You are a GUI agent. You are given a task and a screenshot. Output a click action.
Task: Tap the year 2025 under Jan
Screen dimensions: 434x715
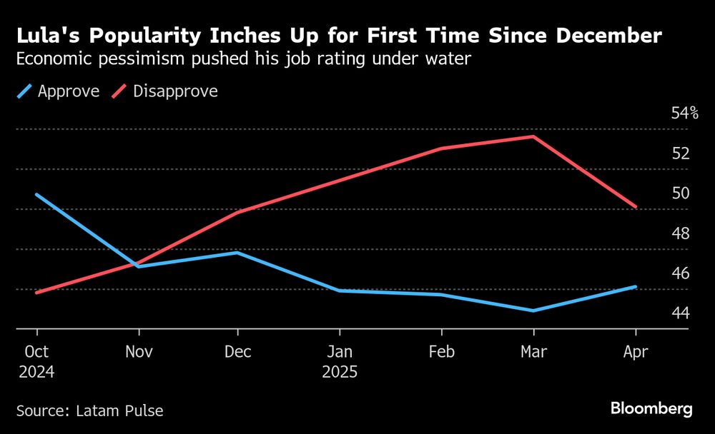tap(340, 372)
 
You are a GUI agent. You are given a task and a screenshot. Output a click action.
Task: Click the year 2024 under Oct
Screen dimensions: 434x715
tap(37, 372)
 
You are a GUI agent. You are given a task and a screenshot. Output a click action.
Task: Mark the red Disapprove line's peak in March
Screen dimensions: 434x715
tap(533, 136)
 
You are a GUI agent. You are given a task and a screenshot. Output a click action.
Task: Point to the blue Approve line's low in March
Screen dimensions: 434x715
tap(533, 311)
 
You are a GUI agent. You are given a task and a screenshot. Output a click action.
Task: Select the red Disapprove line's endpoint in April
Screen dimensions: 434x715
tap(636, 207)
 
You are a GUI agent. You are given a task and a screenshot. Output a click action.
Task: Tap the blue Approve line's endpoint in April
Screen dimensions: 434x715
tap(636, 287)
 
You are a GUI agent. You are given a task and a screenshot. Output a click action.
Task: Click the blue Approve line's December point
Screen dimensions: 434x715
tap(237, 253)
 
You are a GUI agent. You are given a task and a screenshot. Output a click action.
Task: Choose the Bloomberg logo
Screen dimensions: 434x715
tap(651, 408)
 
